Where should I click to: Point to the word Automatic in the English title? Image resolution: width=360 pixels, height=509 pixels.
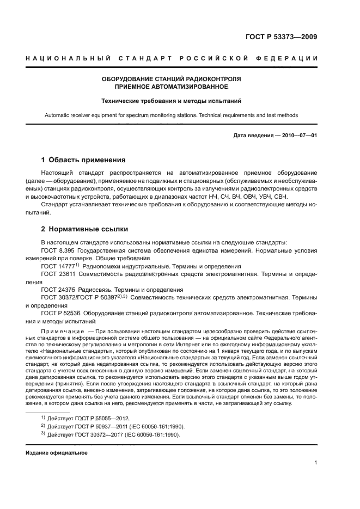coord(58,115)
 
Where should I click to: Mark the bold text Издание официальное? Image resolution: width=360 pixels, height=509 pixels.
coord(57,452)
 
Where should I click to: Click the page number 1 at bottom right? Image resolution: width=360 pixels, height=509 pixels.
coord(316,463)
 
